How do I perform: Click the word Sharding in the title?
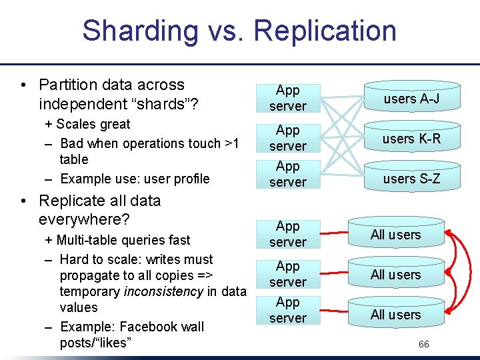[139, 31]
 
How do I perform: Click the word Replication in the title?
[325, 31]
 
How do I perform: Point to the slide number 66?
[424, 344]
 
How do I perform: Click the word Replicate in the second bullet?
[68, 201]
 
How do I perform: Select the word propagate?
[89, 275]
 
